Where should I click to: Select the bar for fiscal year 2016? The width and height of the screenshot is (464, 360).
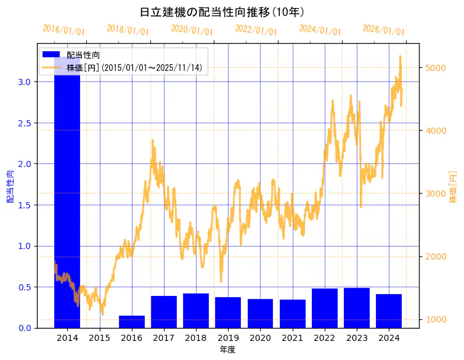[132, 322]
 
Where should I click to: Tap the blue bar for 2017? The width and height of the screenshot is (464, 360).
[164, 312]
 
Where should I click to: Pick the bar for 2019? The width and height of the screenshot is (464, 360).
[228, 313]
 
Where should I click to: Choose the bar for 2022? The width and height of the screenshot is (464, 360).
[325, 308]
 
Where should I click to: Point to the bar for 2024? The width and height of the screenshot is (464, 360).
[389, 311]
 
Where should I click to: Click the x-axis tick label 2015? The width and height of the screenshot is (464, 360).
[99, 338]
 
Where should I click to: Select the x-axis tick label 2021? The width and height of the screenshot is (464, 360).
[292, 338]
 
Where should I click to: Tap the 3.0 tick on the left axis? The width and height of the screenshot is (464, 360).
[24, 82]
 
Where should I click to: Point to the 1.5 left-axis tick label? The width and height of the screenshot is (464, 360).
[24, 205]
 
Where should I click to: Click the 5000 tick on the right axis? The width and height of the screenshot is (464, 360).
[435, 68]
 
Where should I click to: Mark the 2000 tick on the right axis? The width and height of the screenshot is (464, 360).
[435, 256]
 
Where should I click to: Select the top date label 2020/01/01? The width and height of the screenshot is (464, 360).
[192, 30]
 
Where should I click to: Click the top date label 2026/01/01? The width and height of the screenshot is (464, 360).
[383, 30]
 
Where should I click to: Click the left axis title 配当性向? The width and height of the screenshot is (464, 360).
[10, 187]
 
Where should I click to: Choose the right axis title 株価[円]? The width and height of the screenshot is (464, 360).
[454, 187]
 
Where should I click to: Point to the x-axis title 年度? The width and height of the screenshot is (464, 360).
[227, 350]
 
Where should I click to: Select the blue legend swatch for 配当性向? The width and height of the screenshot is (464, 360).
[51, 55]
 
